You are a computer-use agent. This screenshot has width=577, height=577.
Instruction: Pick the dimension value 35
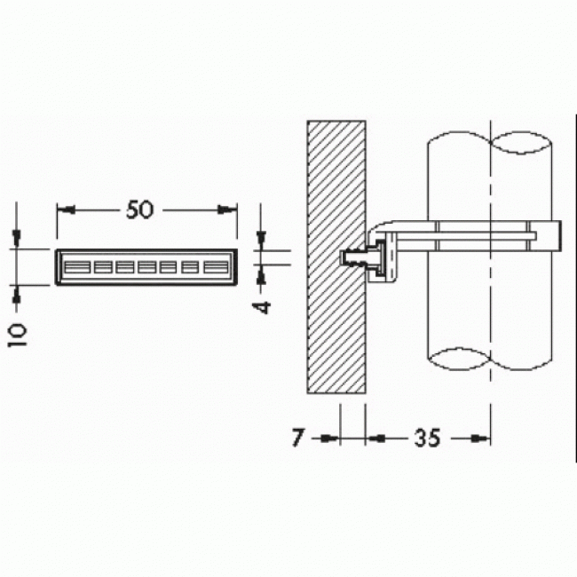click(426, 439)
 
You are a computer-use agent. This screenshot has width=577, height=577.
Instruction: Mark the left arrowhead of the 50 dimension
click(64, 209)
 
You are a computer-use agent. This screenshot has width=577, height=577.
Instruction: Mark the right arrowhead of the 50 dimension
click(231, 209)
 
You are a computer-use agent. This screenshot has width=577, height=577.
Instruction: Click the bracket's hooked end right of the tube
click(552, 236)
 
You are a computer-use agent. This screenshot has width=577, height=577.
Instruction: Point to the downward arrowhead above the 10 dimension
click(17, 237)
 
